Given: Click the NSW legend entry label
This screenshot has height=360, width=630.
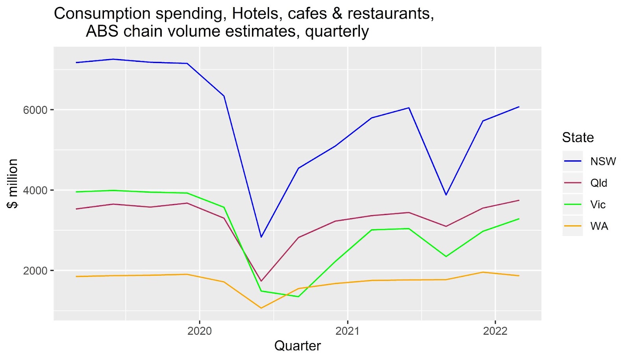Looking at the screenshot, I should click(x=603, y=161).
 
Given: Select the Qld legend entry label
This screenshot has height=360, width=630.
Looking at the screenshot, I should click(x=598, y=183).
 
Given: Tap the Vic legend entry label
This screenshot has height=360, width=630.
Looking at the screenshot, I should click(x=598, y=205).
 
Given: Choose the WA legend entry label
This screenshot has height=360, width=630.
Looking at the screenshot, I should click(x=599, y=226).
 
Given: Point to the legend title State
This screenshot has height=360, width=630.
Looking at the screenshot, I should click(x=578, y=137).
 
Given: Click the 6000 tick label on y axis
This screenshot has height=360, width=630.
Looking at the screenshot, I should click(x=35, y=110).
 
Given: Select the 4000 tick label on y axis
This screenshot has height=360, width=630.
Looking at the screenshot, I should click(x=35, y=190).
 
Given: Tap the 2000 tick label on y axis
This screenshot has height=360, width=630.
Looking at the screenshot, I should click(x=35, y=271).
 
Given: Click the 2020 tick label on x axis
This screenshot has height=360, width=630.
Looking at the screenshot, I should click(x=200, y=331).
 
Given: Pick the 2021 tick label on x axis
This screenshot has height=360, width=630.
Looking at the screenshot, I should click(x=347, y=331).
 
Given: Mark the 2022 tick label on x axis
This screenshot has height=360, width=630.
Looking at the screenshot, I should click(x=495, y=331).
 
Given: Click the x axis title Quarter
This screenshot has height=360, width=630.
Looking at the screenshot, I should click(x=297, y=346).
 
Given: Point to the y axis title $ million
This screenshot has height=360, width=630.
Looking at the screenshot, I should click(x=13, y=184).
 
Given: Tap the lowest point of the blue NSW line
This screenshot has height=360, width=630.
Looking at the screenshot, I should click(x=261, y=237).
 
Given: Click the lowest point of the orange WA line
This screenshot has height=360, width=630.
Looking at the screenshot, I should click(x=261, y=308).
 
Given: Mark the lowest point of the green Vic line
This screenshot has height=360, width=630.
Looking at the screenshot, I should click(x=298, y=297).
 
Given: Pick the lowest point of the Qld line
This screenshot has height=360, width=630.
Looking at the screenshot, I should click(x=261, y=281).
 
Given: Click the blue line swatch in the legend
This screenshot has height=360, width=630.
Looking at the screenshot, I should click(x=573, y=161).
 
